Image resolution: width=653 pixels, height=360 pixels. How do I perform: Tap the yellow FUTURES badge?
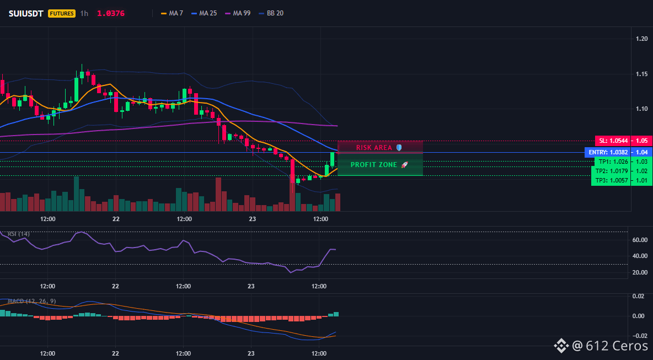(62, 13)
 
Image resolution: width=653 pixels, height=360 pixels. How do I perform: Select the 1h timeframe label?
(84, 13)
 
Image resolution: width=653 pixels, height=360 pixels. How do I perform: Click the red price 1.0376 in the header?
(111, 13)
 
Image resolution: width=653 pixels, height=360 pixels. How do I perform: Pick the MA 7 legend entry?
(172, 13)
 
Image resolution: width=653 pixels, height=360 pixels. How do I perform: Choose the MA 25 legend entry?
(204, 13)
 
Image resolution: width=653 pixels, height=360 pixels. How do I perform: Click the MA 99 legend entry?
(237, 13)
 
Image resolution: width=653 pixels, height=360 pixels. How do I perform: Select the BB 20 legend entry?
(271, 13)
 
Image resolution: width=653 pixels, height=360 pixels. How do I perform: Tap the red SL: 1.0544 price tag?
(612, 141)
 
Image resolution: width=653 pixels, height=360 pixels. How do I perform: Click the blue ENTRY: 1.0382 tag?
(608, 152)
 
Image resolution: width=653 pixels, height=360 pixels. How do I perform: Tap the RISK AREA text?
(374, 148)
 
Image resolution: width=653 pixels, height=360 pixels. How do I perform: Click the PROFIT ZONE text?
(374, 165)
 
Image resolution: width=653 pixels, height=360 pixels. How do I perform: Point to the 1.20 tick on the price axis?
(642, 39)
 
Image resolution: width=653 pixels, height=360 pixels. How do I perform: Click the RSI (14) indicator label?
(19, 234)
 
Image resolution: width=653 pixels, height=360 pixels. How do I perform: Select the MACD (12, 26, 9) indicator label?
(32, 301)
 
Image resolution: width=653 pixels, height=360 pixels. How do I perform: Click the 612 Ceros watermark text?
(617, 346)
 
